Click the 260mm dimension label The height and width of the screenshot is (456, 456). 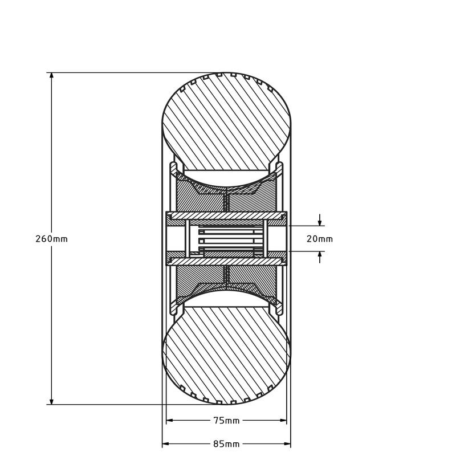tap(51, 238)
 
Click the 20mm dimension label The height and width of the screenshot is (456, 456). tap(319, 239)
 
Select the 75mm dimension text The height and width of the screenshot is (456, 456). tap(226, 421)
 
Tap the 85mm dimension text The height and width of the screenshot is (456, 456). tap(226, 443)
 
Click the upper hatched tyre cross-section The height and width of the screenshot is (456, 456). tap(226, 123)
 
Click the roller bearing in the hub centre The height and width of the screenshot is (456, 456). tap(226, 239)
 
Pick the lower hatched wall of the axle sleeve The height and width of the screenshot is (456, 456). tap(226, 261)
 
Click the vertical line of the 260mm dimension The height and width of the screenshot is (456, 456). tap(51, 171)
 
